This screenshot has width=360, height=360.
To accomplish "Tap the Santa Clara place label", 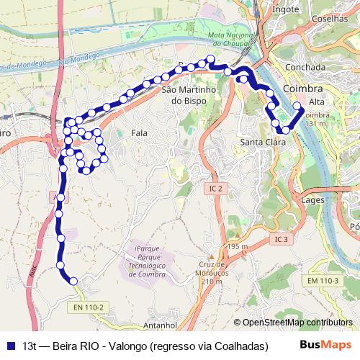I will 261,142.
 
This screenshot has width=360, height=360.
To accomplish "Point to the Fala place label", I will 140,133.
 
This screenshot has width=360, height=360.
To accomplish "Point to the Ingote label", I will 286,10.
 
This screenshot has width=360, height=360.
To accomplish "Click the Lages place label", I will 315,199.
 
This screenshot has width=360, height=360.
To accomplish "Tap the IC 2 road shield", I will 214,188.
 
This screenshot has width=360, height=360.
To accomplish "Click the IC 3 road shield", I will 281,238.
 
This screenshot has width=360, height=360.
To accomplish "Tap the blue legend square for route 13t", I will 11,346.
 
